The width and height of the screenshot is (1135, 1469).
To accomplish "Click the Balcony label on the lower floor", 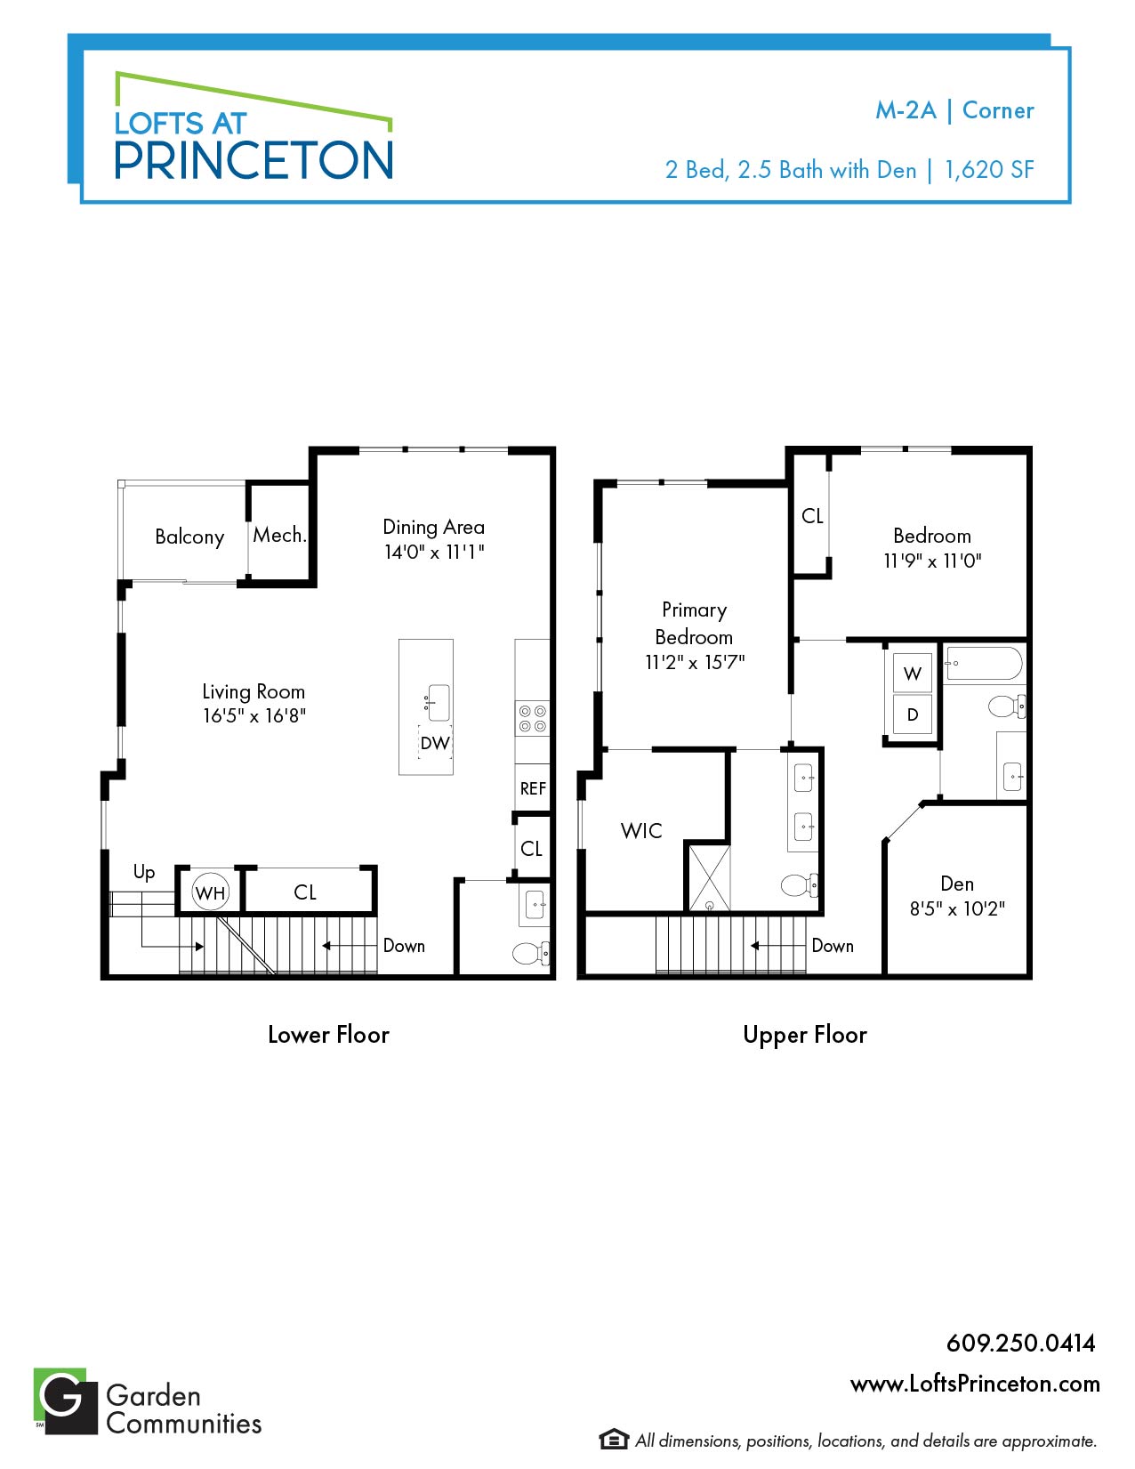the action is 189,537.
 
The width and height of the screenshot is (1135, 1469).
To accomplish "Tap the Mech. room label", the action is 279,535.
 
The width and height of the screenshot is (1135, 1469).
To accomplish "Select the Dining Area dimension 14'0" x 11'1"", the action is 434,553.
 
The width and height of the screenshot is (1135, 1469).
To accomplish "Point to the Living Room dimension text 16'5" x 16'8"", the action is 254,716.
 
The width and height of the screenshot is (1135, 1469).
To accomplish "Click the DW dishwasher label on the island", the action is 435,743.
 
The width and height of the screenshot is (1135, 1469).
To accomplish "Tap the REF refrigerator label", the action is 533,788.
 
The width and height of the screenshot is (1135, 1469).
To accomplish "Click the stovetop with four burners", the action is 533,719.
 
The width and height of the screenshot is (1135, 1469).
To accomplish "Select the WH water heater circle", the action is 210,892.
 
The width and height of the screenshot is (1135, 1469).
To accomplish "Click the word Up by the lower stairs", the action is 144,872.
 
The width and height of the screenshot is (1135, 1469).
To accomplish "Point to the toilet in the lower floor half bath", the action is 531,954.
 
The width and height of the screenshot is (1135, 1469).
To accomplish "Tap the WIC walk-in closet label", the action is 642,831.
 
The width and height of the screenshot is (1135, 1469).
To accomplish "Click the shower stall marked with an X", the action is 710,878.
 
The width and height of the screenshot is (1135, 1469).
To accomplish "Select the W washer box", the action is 913,673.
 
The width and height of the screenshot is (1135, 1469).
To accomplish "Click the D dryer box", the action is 913,714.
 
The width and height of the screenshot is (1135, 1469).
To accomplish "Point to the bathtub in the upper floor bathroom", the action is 983,663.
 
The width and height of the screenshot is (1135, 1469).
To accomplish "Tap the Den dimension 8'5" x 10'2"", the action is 957,908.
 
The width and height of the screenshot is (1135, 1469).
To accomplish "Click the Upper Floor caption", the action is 805,1035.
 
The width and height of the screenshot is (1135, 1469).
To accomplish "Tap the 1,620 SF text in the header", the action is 989,170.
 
